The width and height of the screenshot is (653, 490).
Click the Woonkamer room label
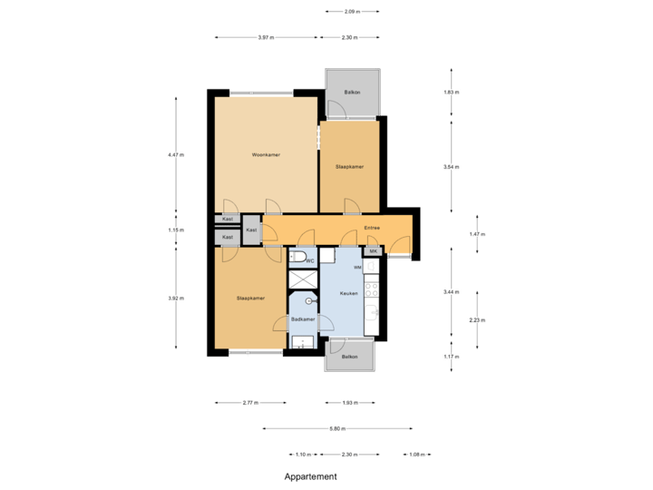coord(266,155)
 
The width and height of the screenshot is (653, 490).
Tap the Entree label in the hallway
coord(372,228)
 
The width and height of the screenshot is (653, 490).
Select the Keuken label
coord(348,293)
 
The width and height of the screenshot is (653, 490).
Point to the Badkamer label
coord(303,320)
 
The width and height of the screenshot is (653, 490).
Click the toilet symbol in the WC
coord(298,259)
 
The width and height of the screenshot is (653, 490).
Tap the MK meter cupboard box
coord(372,251)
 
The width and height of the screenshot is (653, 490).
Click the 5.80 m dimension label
coord(338,428)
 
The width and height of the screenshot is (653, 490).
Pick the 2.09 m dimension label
coord(352,12)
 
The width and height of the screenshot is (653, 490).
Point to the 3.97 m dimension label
coord(266,37)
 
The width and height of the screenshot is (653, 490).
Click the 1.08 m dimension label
coord(417,454)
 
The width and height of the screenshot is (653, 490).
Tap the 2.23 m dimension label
coord(478,319)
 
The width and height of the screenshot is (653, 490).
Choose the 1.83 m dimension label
coord(451,93)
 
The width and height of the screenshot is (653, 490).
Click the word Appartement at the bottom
coord(310,475)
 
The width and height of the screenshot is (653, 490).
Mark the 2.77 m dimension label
coord(250,402)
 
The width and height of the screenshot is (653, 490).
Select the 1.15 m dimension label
coord(175,230)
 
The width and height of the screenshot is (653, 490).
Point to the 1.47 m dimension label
coord(478,234)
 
